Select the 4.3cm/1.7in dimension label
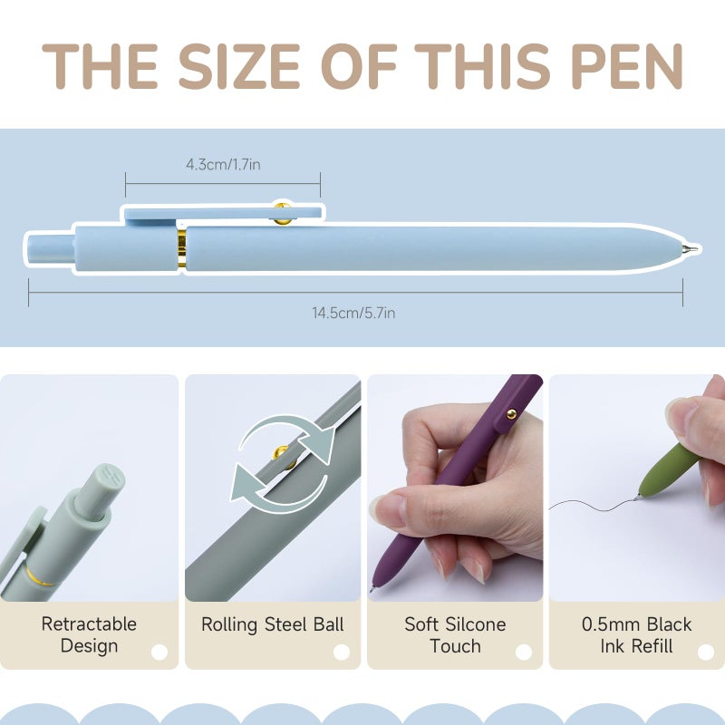223,164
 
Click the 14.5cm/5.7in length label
353,313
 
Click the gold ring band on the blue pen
182,248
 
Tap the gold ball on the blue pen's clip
282,213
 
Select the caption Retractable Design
89,635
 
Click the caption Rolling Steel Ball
273,624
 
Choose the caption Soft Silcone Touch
455,635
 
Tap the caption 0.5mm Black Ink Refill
636,635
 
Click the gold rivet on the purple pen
512,414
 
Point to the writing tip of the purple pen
372,589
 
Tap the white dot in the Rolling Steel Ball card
342,652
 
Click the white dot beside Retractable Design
159,652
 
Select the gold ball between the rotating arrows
280,452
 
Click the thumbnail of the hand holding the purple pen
455,488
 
